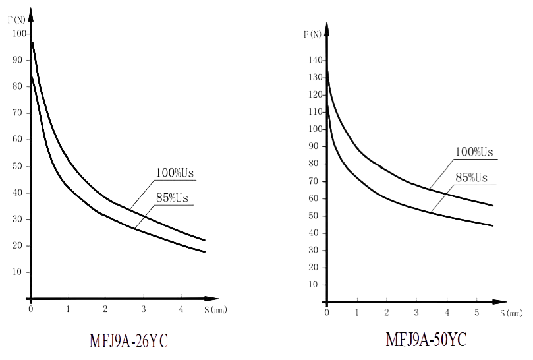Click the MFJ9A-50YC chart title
(x=426, y=340)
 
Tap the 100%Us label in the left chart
(x=175, y=173)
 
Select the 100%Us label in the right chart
(x=474, y=152)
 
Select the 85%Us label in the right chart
(x=472, y=178)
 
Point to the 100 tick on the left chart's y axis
(x=19, y=34)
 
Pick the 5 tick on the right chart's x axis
(x=477, y=311)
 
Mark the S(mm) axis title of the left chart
(x=215, y=309)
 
